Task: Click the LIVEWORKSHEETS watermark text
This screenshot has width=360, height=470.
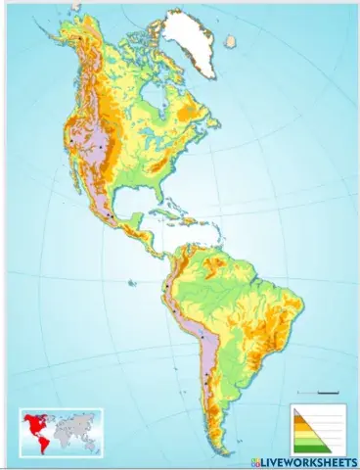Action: point(309,458)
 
